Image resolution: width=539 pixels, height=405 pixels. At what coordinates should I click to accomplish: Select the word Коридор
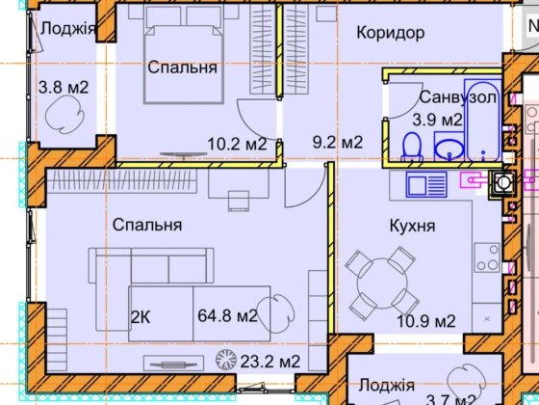tap(390, 33)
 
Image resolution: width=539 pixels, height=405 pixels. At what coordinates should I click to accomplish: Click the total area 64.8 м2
tap(226, 315)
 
